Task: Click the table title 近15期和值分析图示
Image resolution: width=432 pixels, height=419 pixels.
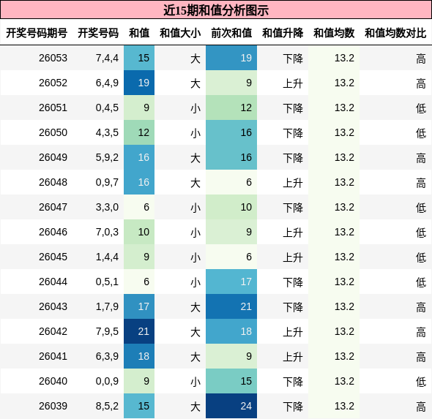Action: click(x=216, y=10)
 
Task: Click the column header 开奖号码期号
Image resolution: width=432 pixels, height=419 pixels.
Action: click(x=37, y=33)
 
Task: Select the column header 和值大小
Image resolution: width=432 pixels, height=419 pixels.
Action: click(x=180, y=33)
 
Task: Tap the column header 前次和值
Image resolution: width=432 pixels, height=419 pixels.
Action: click(x=231, y=33)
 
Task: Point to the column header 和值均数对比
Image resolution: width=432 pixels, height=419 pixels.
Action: click(x=395, y=33)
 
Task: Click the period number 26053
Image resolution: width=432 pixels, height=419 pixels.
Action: click(x=53, y=58)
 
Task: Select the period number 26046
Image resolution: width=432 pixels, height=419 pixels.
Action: click(x=53, y=232)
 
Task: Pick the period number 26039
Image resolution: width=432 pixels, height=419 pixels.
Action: click(x=53, y=406)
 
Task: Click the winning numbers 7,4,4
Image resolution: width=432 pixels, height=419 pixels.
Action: click(x=107, y=58)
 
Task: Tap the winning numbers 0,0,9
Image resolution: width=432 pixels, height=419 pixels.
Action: click(x=107, y=381)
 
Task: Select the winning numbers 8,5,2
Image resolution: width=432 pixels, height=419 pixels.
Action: click(x=107, y=406)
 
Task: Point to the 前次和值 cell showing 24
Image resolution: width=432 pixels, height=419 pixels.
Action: click(x=231, y=406)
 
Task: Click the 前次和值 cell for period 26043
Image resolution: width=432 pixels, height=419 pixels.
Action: click(x=231, y=306)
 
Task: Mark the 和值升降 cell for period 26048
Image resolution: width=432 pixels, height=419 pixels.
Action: click(x=293, y=182)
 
